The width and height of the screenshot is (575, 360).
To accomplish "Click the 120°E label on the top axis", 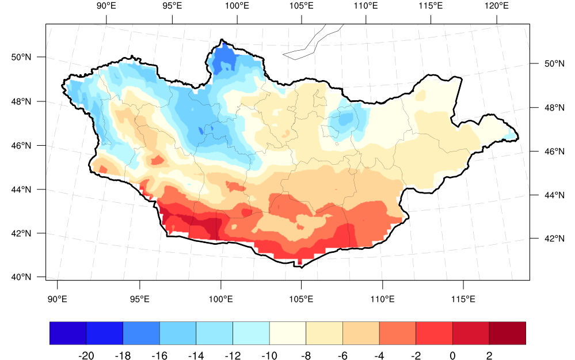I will pos(496,6).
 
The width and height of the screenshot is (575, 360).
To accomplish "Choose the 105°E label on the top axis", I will pos(302,6).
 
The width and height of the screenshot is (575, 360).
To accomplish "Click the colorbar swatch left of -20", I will pos(68,333).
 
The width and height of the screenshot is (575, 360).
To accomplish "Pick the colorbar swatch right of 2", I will pos(508,333).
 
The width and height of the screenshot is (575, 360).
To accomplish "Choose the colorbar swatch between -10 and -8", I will pos(288,333).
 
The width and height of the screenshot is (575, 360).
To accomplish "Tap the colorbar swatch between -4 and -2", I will pos(398,333).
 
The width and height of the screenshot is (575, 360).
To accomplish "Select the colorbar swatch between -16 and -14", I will pos(178,333).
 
